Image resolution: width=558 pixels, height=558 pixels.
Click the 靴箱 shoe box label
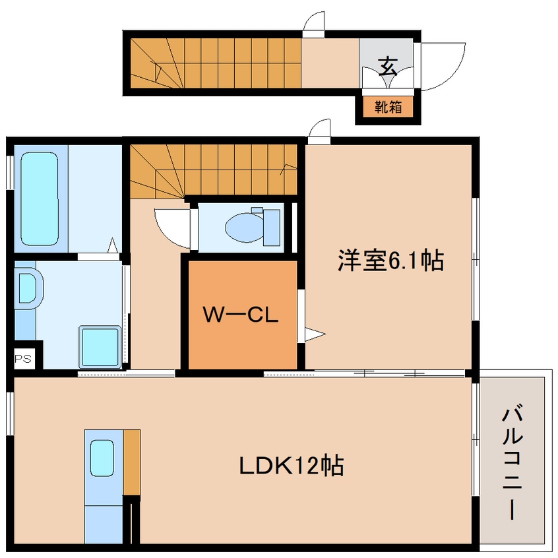tap(388, 107)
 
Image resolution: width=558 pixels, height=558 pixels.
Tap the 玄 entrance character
tap(388, 65)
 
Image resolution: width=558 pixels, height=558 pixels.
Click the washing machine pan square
tap(100, 346)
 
